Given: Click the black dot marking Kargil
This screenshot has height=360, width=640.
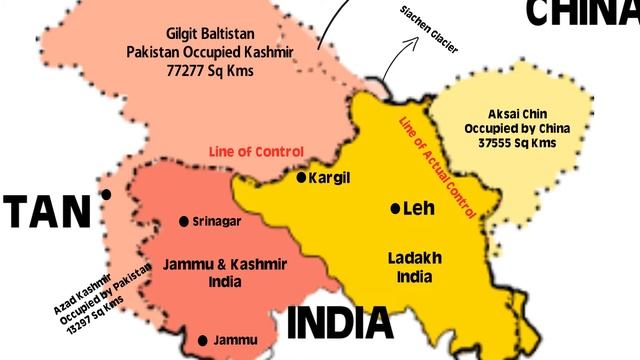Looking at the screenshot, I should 301,177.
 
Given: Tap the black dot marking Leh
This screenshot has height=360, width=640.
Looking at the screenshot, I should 395,209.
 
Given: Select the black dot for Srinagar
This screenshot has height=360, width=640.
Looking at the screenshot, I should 183,221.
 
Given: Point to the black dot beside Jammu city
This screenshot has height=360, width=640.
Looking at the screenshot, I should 203,341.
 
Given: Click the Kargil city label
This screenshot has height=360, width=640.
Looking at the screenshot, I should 333,177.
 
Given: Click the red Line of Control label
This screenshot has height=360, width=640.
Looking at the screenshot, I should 256,151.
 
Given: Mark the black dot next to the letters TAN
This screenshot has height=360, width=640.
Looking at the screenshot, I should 106,195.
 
